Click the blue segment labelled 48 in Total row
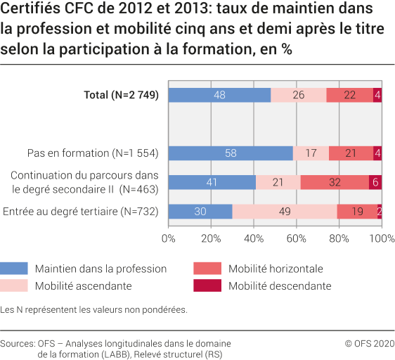[x=219, y=95]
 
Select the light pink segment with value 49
[x=285, y=212]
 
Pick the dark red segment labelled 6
[x=375, y=182]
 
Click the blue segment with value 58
[x=231, y=153]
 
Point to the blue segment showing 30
[x=200, y=212]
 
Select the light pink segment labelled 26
[x=299, y=95]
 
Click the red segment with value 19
[x=357, y=212]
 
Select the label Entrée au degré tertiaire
[x=81, y=212]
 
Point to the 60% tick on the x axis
[x=297, y=239]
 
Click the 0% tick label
[x=169, y=239]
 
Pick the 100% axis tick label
[x=382, y=239]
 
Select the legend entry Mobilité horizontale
[x=276, y=269]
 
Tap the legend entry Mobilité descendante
[x=279, y=286]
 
